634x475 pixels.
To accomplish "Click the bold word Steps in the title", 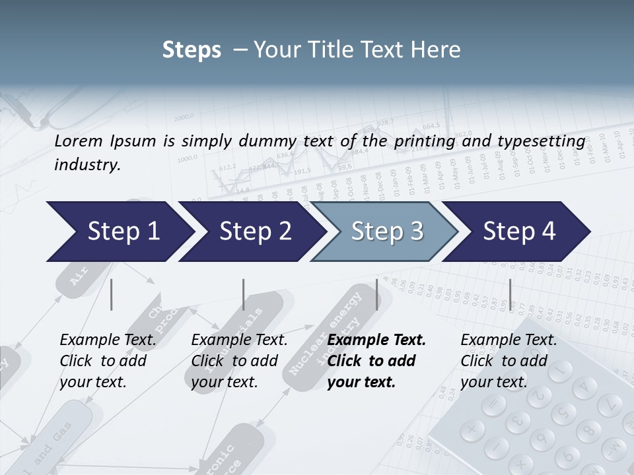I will pos(192,50).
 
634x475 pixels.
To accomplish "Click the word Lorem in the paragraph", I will pos(77,141).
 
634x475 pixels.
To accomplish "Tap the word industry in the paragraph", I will pos(87,165).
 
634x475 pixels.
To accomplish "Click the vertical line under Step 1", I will pos(112,294).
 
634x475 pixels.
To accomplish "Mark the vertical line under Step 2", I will pos(244,294).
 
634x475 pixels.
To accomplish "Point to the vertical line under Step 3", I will pos(377,294).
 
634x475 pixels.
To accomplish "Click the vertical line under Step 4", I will pos(510,294).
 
